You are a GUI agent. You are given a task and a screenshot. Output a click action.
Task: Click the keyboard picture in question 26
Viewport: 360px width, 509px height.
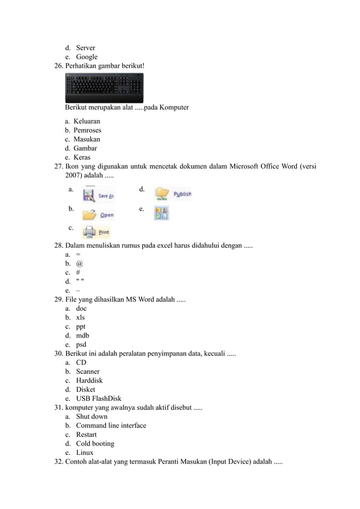pyautogui.click(x=104, y=88)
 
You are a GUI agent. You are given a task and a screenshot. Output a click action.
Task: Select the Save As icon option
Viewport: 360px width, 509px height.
pyautogui.click(x=98, y=195)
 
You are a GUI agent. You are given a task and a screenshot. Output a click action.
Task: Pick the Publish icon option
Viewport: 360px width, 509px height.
pyautogui.click(x=173, y=194)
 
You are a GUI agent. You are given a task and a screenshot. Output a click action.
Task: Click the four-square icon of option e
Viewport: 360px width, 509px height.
pyautogui.click(x=161, y=213)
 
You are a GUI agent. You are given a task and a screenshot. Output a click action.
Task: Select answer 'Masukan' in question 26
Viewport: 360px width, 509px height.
pyautogui.click(x=87, y=139)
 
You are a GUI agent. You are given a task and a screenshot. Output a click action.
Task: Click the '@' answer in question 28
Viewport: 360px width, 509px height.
pyautogui.click(x=80, y=264)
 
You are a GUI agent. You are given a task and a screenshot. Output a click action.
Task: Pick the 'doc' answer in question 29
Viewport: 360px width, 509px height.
pyautogui.click(x=81, y=309)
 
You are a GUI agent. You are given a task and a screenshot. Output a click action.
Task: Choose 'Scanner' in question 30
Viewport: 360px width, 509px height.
pyautogui.click(x=87, y=371)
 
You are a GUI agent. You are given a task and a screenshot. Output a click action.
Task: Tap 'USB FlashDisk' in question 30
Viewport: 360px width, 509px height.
pyautogui.click(x=98, y=398)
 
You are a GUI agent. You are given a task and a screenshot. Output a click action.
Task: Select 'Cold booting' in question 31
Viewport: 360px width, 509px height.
pyautogui.click(x=95, y=444)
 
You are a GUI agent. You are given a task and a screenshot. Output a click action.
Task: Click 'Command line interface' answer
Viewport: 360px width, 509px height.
pyautogui.click(x=111, y=425)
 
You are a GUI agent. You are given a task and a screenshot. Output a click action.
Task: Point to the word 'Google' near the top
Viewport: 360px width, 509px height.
pyautogui.click(x=86, y=57)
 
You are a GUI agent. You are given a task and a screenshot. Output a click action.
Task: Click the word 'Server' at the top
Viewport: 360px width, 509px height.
pyautogui.click(x=85, y=48)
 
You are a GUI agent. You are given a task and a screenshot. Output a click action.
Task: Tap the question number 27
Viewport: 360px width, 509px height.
pyautogui.click(x=58, y=166)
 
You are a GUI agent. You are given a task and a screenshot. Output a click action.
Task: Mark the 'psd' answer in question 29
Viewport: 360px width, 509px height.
pyautogui.click(x=81, y=344)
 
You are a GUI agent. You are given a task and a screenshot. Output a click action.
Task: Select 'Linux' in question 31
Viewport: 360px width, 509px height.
pyautogui.click(x=85, y=453)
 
